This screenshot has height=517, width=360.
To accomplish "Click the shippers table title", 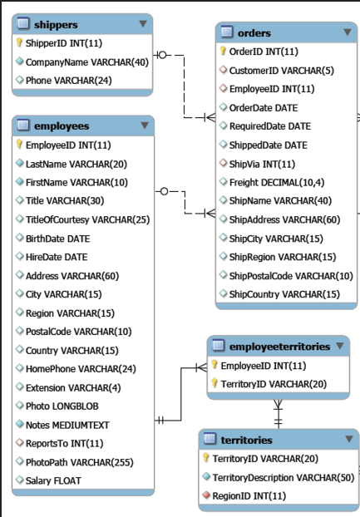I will pos(56,25).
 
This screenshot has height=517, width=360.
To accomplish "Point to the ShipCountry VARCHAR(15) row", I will pos(284,294).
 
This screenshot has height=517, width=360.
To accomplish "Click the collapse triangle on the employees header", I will pos(145,126).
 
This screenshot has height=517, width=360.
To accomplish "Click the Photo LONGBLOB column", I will pos(62,406).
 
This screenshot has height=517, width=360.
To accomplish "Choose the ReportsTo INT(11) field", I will pos(64,443).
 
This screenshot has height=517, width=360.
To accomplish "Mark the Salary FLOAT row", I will pos(53,480).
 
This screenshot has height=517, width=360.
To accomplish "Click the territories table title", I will pos(246,440).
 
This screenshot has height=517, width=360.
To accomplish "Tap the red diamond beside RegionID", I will pos(206,495).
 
